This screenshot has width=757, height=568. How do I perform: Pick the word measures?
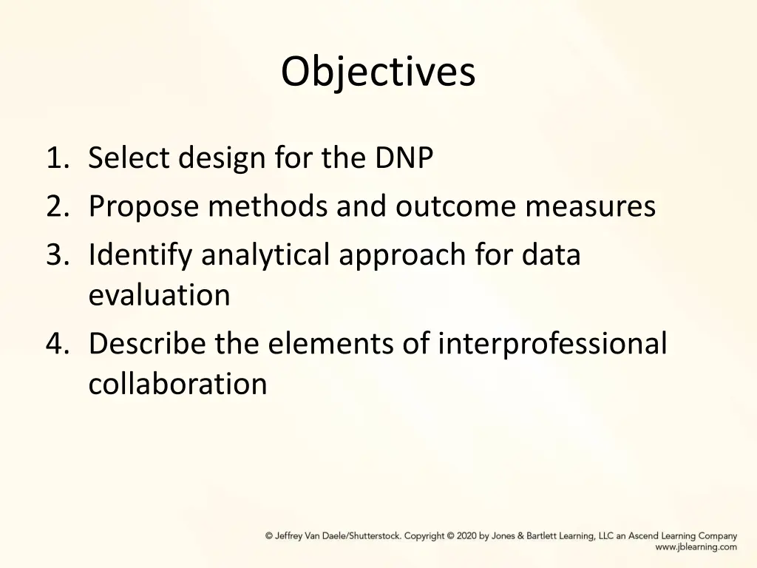click(590, 207)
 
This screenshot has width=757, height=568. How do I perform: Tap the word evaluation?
click(159, 295)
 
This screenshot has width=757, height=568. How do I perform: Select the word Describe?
click(147, 344)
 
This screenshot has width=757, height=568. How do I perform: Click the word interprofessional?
click(551, 344)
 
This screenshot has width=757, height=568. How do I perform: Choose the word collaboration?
click(177, 384)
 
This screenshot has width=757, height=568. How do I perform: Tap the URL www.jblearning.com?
click(696, 547)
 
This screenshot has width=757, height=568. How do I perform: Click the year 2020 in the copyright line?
click(466, 536)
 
